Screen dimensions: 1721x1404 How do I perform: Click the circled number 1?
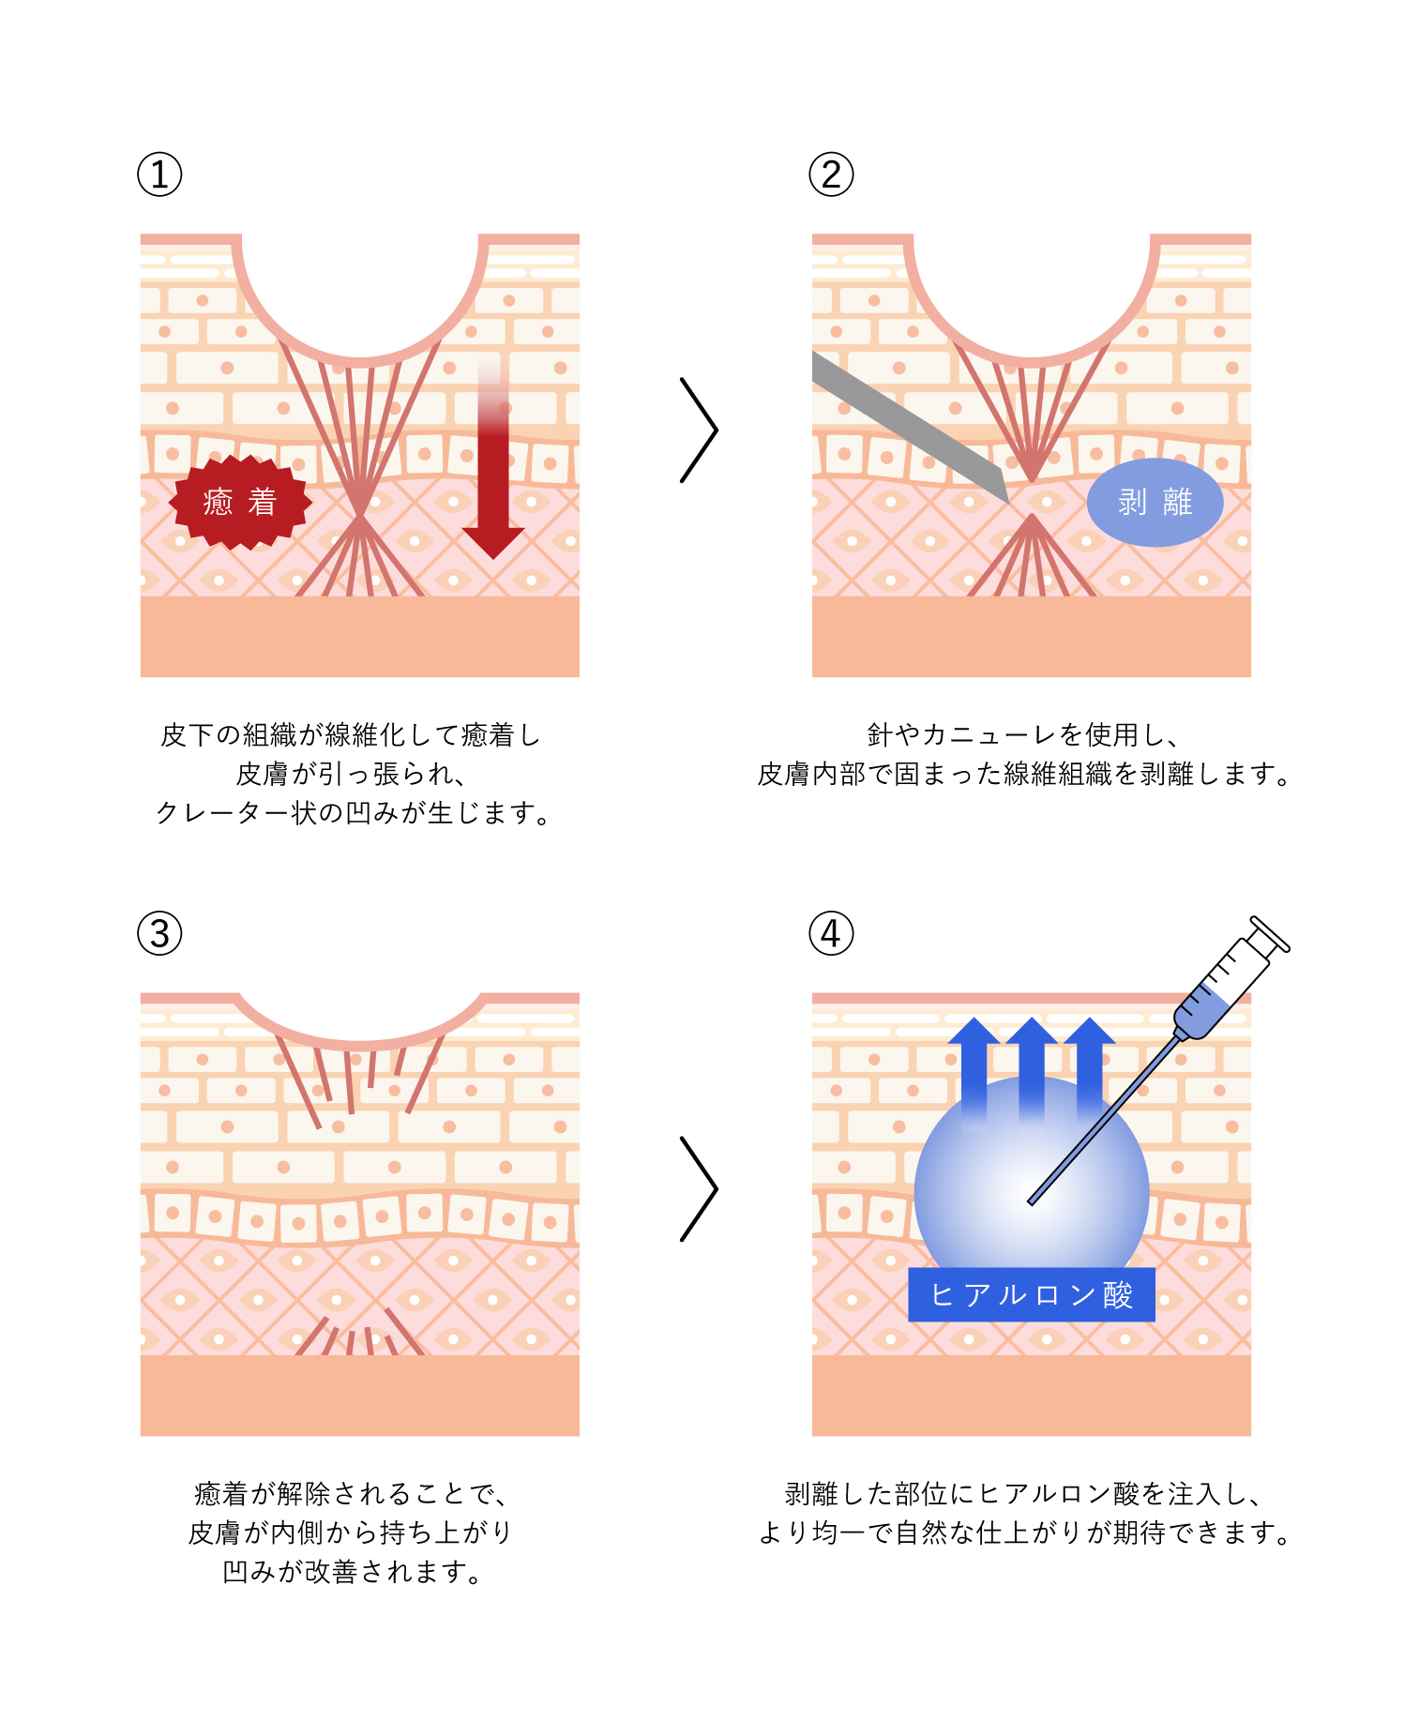coord(159,175)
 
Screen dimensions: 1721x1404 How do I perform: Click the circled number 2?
coord(831,175)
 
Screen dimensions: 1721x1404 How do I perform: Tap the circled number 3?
coord(159,934)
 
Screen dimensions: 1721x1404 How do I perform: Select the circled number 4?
coord(831,934)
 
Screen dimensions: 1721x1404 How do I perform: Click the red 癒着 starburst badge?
coord(240,502)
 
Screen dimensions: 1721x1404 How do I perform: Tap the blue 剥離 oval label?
coord(1155,502)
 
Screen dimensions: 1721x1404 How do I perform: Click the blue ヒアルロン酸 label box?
coord(1031,1295)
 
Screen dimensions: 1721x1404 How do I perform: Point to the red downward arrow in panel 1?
coord(493,469)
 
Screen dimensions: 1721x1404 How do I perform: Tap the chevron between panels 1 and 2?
coord(699,430)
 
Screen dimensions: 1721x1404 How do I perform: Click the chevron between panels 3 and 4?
coord(699,1189)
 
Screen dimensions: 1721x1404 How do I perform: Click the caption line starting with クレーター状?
coord(354,812)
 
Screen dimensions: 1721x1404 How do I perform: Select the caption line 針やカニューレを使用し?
coord(1022,734)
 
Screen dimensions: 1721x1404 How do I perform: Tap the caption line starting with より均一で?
coord(1024,1532)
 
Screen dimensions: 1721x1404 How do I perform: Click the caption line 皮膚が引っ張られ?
coord(351,774)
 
